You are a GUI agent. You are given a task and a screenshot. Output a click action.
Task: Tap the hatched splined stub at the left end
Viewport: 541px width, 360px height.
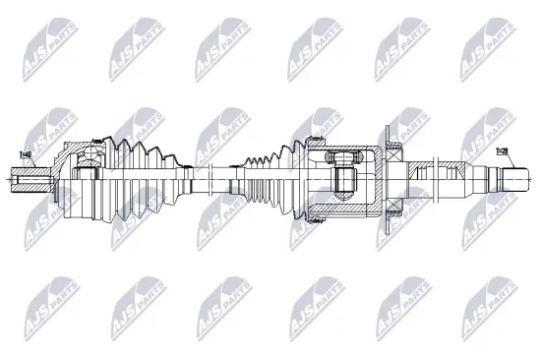(28, 181)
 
